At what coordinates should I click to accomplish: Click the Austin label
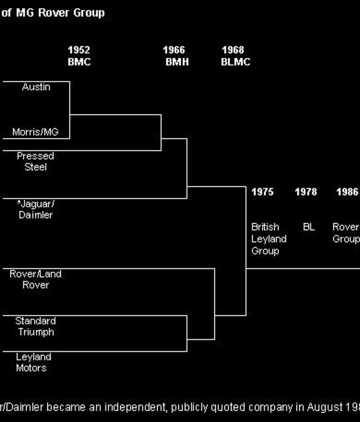[x=36, y=87]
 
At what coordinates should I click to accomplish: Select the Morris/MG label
[x=35, y=132]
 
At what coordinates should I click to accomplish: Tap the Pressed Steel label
[x=35, y=161]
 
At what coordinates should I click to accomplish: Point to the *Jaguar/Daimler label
[x=35, y=209]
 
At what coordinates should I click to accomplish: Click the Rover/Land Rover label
[x=35, y=279]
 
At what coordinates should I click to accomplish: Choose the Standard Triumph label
[x=35, y=326]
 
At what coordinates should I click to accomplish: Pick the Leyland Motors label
[x=33, y=363]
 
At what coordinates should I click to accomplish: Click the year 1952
[x=79, y=50]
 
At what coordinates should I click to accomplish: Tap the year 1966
[x=173, y=50]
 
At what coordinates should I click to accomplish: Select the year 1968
[x=233, y=50]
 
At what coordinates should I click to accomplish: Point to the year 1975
[x=262, y=192]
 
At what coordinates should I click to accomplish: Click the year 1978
[x=305, y=192]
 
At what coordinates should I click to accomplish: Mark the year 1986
[x=347, y=192]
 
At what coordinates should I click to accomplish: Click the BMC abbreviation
[x=79, y=62]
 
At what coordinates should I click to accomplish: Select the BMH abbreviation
[x=177, y=62]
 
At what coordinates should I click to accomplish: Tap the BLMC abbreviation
[x=235, y=62]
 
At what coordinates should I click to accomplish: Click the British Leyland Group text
[x=268, y=239]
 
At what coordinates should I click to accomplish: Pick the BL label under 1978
[x=308, y=227]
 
